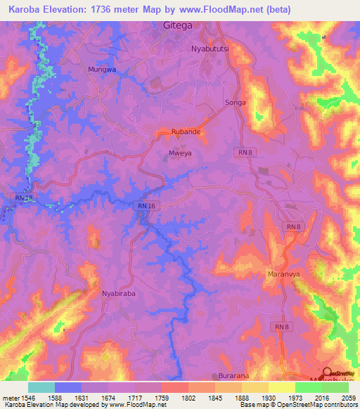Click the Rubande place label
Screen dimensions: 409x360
188,131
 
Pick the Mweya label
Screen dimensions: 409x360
179,151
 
